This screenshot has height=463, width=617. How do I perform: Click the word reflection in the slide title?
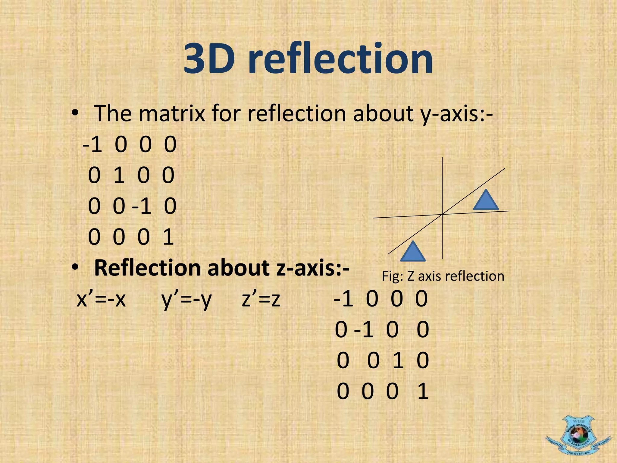340,59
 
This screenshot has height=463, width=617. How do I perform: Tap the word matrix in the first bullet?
172,114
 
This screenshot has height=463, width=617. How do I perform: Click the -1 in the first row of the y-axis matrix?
92,144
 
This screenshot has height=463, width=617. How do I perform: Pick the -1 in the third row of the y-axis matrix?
142,206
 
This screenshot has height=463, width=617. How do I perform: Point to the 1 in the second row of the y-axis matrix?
119,175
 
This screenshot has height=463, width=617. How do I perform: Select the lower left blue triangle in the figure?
413,252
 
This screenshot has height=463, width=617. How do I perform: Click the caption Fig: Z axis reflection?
443,276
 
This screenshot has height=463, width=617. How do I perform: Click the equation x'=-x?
101,300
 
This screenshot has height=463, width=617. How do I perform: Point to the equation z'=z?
261,300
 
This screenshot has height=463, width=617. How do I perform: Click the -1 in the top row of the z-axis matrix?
343,299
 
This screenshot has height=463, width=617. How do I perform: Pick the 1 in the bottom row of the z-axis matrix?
423,391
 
